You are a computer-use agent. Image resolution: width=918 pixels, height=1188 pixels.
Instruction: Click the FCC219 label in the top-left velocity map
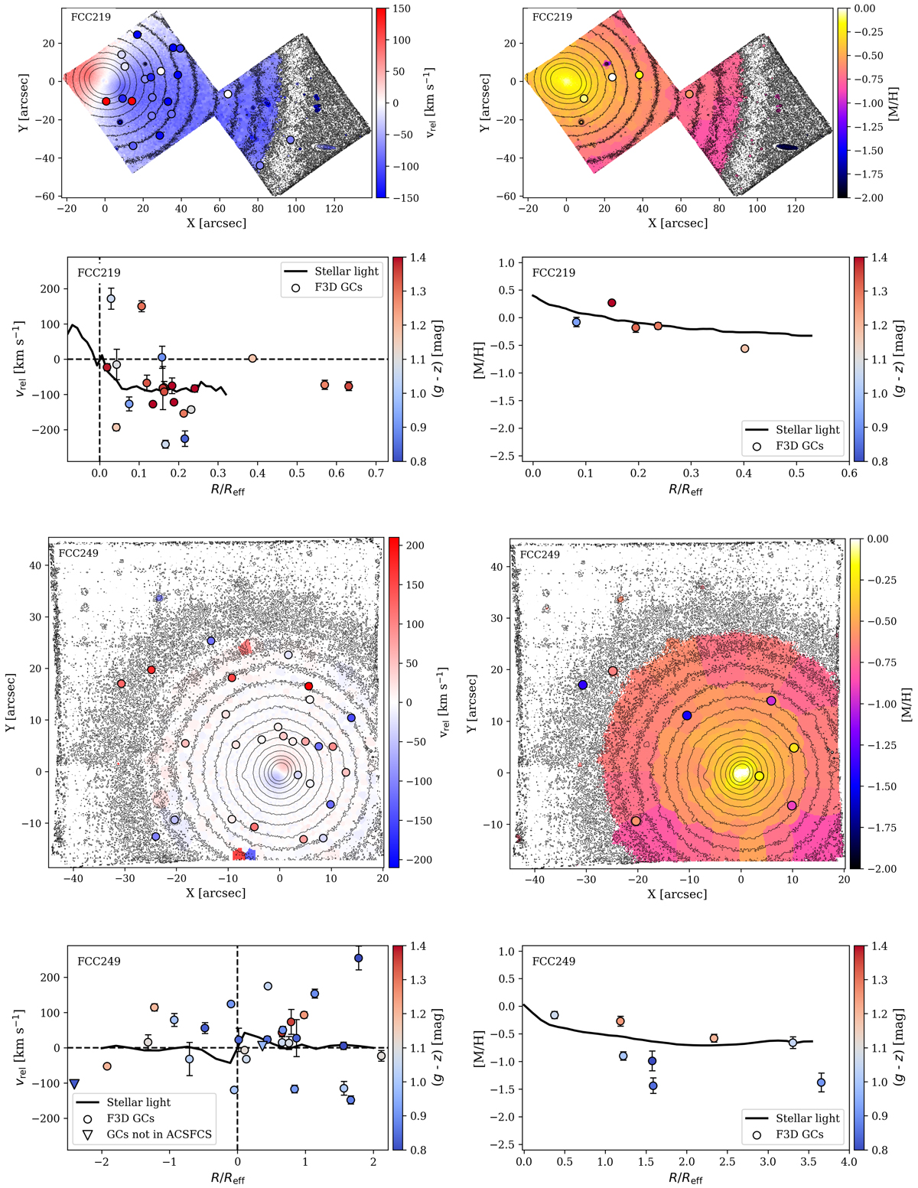[x=91, y=18]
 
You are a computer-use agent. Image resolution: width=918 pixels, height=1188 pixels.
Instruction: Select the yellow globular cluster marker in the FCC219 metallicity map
[x=640, y=75]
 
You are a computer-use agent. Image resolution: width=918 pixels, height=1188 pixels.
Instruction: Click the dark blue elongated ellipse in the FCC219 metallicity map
[x=787, y=148]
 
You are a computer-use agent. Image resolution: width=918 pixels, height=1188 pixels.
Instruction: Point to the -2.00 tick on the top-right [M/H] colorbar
[x=868, y=197]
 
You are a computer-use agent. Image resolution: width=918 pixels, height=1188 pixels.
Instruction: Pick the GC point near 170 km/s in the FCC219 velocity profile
[x=111, y=299]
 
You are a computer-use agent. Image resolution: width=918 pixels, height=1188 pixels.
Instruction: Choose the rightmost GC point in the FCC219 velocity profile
[x=349, y=386]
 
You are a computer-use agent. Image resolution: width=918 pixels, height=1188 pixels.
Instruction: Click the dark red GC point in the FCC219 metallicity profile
[x=612, y=303]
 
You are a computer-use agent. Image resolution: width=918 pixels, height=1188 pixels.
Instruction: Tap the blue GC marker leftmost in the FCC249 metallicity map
[x=583, y=685]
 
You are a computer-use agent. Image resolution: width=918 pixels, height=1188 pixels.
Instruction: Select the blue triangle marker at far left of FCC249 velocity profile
[x=74, y=1084]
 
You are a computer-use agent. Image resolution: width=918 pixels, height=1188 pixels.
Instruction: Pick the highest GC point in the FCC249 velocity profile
[x=358, y=958]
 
